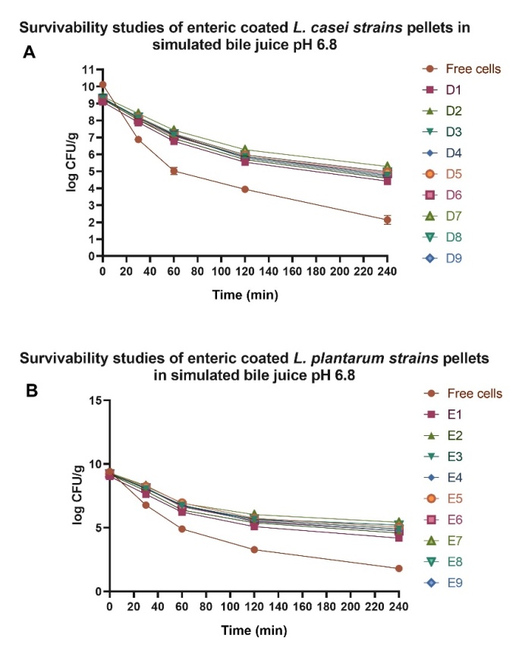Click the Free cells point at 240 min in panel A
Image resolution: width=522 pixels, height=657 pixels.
point(388,220)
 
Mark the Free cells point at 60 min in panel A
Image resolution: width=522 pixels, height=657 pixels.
point(174,171)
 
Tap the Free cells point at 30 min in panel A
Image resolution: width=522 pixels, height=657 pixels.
point(138,139)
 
